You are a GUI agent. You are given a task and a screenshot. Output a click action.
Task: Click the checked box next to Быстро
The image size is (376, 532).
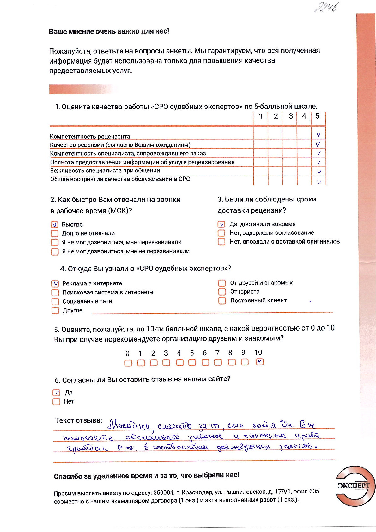point(55,225)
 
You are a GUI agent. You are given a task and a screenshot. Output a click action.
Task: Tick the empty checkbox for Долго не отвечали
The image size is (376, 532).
point(55,233)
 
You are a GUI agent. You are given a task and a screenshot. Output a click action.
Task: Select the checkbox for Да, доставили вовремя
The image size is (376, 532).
point(221,224)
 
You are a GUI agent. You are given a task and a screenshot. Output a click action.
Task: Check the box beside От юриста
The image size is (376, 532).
point(222,292)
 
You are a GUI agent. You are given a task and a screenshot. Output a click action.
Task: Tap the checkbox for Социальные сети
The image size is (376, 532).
point(55,301)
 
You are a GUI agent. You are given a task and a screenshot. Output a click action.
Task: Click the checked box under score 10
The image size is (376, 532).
point(259,362)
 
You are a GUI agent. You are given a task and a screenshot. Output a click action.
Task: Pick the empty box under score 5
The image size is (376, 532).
point(192,362)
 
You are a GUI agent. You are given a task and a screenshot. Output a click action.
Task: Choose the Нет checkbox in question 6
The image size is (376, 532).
point(56,402)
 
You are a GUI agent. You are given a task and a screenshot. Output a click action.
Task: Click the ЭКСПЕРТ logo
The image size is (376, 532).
point(354,486)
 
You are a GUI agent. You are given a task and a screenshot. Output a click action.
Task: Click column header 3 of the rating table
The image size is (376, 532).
point(291,116)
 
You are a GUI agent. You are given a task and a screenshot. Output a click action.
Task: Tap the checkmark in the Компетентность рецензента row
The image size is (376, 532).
point(318,135)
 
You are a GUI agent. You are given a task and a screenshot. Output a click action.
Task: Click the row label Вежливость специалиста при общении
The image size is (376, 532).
point(105,171)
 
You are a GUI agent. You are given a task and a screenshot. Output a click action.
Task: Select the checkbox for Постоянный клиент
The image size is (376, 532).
point(222,300)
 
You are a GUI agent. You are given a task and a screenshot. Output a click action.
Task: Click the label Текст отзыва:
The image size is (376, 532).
point(78,421)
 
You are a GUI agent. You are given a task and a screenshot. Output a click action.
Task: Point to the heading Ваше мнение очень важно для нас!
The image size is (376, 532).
point(109,31)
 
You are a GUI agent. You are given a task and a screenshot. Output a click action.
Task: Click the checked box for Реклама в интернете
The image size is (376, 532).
point(55,284)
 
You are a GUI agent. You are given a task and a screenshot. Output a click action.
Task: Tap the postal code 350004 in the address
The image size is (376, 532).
point(163,492)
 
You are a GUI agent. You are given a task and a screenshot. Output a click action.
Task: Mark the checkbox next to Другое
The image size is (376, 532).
point(55,311)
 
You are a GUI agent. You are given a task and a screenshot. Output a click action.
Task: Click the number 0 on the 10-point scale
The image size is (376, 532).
point(127,353)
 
